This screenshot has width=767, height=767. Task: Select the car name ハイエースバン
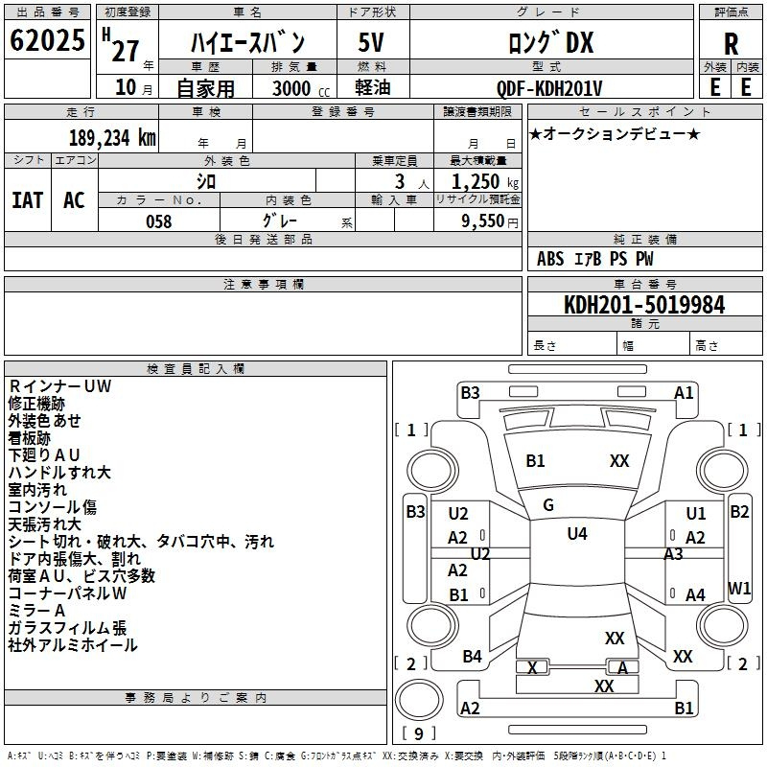pos(246,43)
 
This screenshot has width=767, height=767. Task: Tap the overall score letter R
pos(731,44)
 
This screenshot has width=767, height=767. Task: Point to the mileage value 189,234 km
pos(112,137)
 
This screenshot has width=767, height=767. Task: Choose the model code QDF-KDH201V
pos(543,88)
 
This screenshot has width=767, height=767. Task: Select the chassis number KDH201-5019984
pos(644,305)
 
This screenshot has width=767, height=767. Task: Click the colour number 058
pos(159,221)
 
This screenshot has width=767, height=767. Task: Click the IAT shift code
pos(27,200)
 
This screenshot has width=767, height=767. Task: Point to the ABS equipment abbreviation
pos(550,259)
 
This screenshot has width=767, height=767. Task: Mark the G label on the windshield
pos(548,505)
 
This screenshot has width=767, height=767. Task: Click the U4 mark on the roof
pos(576,534)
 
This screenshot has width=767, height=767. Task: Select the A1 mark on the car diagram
pos(684,393)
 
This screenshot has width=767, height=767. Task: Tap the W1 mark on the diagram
pos(739,588)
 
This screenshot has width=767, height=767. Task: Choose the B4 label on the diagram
pos(472,657)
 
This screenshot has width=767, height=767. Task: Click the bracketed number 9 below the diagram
pos(418,734)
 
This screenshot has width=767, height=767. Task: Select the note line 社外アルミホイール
pos(73,645)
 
